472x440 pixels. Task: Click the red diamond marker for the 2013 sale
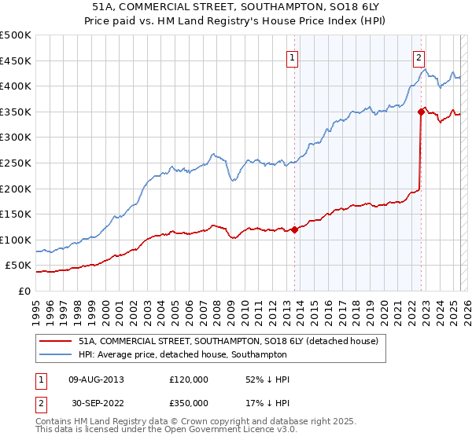pyautogui.click(x=294, y=229)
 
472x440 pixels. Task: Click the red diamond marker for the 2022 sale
pyautogui.click(x=422, y=112)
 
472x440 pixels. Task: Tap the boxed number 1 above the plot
pyautogui.click(x=292, y=57)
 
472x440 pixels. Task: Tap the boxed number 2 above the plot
pyautogui.click(x=419, y=57)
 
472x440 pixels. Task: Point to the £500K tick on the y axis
pyautogui.click(x=16, y=35)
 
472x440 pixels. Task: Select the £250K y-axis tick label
pyautogui.click(x=16, y=163)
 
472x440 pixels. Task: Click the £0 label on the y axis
pyautogui.click(x=24, y=291)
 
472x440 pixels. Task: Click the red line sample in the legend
pyautogui.click(x=54, y=342)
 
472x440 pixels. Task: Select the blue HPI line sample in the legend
pyautogui.click(x=54, y=354)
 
